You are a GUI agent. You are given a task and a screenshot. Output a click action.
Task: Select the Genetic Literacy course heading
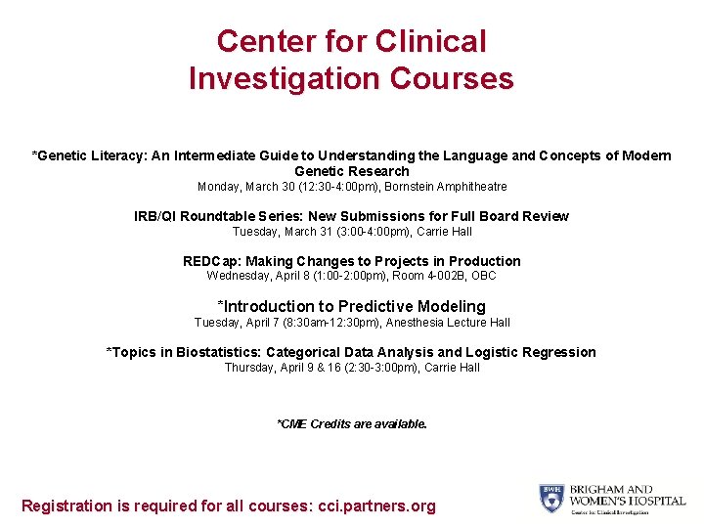pyautogui.click(x=352, y=163)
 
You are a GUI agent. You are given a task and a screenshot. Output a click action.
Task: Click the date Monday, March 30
pyautogui.click(x=241, y=187)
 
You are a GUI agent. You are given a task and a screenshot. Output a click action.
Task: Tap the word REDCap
pyautogui.click(x=210, y=261)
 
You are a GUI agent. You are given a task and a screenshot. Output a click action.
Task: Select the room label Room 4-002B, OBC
pyautogui.click(x=444, y=276)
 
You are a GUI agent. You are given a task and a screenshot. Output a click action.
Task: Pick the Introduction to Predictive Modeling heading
pyautogui.click(x=352, y=306)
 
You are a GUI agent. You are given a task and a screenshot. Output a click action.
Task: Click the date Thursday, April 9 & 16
pyautogui.click(x=275, y=368)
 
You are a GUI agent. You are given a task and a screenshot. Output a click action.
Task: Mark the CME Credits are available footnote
pyautogui.click(x=352, y=424)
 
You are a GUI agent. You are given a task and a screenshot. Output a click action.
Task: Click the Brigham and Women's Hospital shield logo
pyautogui.click(x=550, y=499)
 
